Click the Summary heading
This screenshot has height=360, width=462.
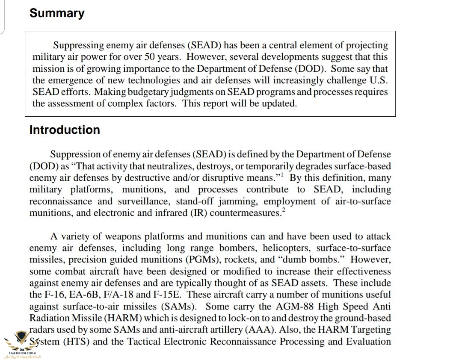[x=57, y=13]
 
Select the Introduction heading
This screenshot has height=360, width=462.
[x=65, y=130]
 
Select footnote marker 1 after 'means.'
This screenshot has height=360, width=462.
[x=281, y=175]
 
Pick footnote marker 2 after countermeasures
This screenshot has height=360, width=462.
[x=283, y=210]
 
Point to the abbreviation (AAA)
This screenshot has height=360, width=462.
[x=259, y=330]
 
